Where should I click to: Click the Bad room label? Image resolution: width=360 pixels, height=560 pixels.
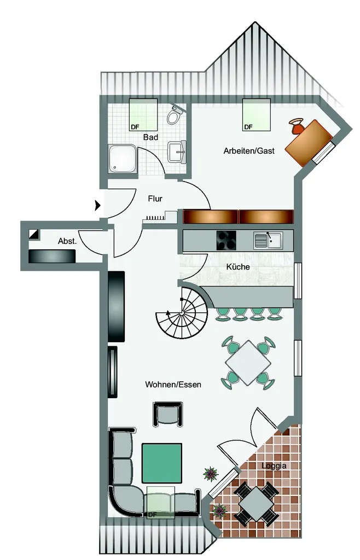pos(150,137)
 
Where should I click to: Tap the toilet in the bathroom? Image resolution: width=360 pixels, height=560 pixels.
pos(175,115)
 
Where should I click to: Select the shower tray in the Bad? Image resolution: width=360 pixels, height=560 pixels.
pos(123,159)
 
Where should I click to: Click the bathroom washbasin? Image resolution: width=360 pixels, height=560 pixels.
pos(177,152)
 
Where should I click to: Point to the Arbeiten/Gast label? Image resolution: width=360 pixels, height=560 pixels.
pos(249,151)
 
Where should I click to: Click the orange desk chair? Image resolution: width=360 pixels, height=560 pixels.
pos(297,126)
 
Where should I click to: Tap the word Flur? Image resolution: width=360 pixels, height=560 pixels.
pos(155,199)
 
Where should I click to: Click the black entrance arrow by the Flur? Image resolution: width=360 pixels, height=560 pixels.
pos(97,206)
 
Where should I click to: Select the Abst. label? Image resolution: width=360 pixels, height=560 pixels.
pos(67,241)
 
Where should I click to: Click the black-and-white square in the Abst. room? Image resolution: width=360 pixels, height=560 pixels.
pos(34,234)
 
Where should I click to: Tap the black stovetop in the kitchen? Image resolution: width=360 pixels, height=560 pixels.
pos(227,241)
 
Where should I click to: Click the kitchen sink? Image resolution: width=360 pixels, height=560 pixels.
pos(268,241)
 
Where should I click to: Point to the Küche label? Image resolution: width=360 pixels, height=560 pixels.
pos(238,267)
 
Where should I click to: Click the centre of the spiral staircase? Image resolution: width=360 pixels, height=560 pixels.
pos(182,313)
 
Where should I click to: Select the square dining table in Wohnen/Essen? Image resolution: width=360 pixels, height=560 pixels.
pos(248,363)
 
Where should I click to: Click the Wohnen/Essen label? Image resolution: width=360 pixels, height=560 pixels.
pos(173,384)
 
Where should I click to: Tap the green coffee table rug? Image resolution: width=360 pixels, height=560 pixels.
pos(162,463)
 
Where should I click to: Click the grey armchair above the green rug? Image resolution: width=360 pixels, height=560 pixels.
pos(168,415)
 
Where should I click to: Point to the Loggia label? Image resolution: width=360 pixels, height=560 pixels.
pos(274,466)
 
